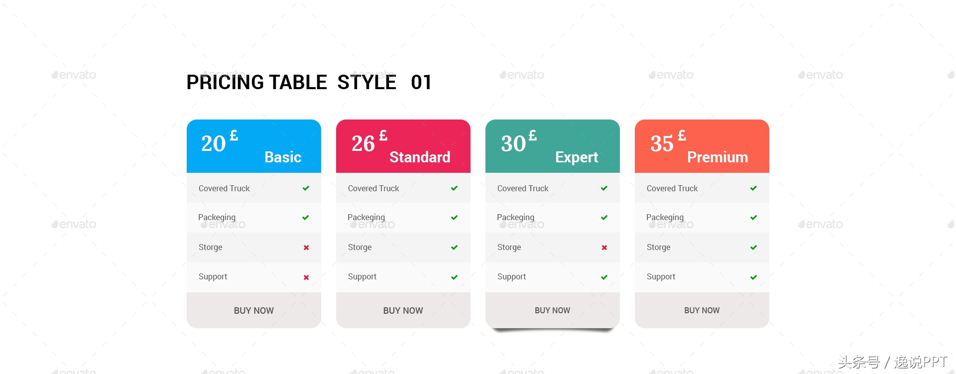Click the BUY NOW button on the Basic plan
pyautogui.click(x=254, y=310)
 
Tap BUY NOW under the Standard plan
pyautogui.click(x=403, y=310)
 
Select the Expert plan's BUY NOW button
pyautogui.click(x=553, y=310)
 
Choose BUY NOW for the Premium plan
pyautogui.click(x=702, y=310)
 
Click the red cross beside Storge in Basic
pyautogui.click(x=306, y=248)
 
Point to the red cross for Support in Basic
pyautogui.click(x=306, y=277)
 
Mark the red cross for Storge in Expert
pyautogui.click(x=604, y=248)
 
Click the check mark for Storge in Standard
pyautogui.click(x=455, y=248)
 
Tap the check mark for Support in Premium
pyautogui.click(x=754, y=277)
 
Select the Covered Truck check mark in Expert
pyautogui.click(x=604, y=188)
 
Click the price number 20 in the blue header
pyautogui.click(x=214, y=143)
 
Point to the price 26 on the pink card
pyautogui.click(x=363, y=143)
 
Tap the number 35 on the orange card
pyautogui.click(x=662, y=143)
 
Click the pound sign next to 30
pyautogui.click(x=533, y=135)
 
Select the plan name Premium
pyautogui.click(x=717, y=157)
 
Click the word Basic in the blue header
pyautogui.click(x=283, y=157)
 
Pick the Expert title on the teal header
pyautogui.click(x=577, y=157)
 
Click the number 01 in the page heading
pyautogui.click(x=421, y=82)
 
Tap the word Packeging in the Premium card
pyautogui.click(x=665, y=218)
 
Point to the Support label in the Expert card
pyautogui.click(x=511, y=277)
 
